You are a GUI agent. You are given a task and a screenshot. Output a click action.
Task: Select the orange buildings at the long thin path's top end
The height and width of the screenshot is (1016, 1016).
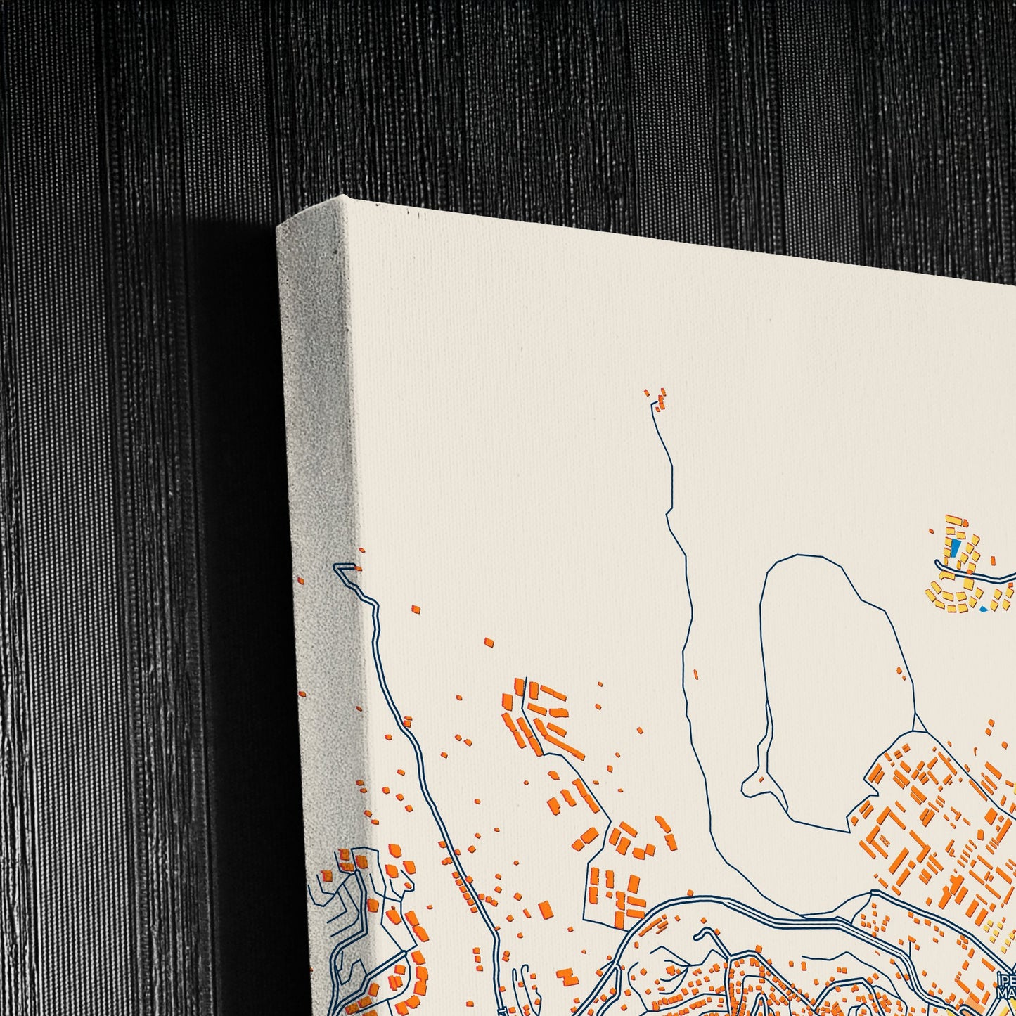tap(660, 399)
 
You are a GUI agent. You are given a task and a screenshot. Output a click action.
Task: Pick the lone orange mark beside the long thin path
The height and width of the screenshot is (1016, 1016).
tap(695, 674)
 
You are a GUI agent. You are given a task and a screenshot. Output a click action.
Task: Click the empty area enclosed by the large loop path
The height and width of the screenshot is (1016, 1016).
tap(830, 668)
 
